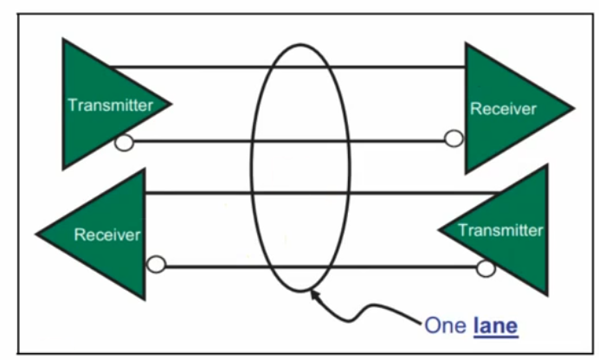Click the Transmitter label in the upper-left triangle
(x=110, y=106)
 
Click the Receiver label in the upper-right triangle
(x=503, y=109)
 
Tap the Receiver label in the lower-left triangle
(x=107, y=235)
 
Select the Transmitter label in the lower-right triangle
(x=500, y=230)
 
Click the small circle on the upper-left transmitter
(x=124, y=143)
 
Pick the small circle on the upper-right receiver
(x=453, y=138)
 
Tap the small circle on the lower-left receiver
(x=156, y=265)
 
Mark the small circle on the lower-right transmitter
(x=486, y=268)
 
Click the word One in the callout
(x=446, y=325)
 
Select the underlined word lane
(x=495, y=325)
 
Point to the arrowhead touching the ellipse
(x=313, y=293)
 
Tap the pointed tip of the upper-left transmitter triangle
(x=170, y=104)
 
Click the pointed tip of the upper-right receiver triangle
(x=573, y=108)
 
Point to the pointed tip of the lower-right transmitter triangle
(x=439, y=230)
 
